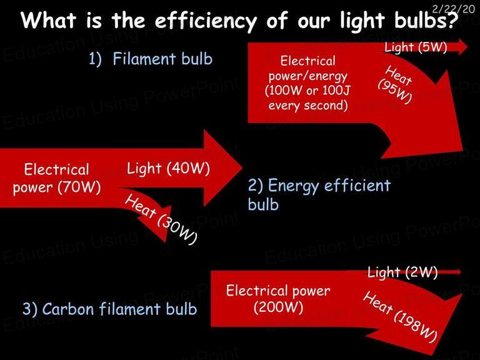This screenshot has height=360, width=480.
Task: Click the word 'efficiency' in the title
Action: click(206, 21)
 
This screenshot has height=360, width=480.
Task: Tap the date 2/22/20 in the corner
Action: click(453, 9)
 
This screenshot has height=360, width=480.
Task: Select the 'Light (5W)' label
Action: click(416, 47)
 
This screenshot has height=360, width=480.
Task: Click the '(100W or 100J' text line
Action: click(307, 91)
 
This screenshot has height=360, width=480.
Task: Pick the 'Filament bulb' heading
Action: click(162, 59)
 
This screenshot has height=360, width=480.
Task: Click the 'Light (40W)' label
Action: click(168, 169)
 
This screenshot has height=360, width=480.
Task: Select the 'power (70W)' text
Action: click(57, 187)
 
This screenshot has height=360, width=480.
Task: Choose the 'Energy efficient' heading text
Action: click(329, 186)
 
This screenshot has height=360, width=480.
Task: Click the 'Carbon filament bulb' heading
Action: click(119, 309)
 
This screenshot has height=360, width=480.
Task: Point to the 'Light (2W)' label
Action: click(402, 272)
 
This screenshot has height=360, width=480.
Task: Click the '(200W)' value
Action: click(279, 306)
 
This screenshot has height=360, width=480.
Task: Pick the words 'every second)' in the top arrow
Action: click(308, 105)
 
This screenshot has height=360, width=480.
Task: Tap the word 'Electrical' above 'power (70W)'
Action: click(57, 169)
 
